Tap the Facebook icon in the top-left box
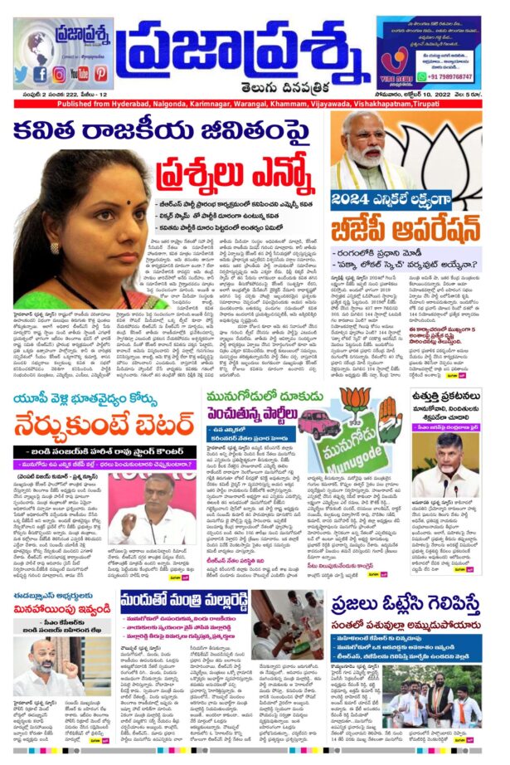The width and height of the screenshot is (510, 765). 41,74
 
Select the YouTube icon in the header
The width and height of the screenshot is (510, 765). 80,74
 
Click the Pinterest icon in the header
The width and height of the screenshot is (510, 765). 100,74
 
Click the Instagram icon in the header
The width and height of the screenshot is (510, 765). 59,74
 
